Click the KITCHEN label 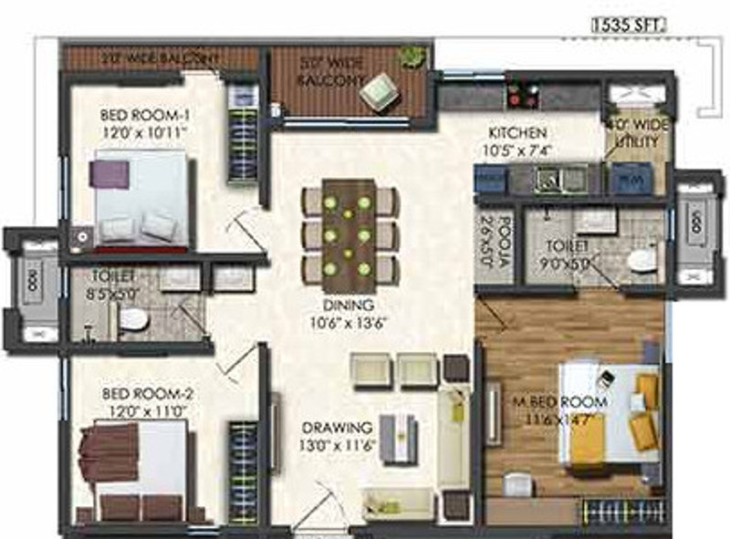pos(516,140)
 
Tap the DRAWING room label pos(337,435)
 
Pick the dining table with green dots pos(349,228)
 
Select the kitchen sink pos(549,179)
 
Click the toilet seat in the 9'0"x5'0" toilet pos(642,260)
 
